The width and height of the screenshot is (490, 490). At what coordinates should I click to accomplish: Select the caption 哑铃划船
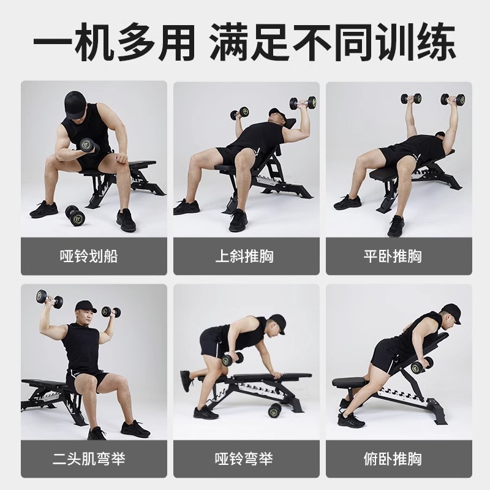click(x=94, y=255)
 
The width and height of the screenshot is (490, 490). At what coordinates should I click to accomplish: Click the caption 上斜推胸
click(x=245, y=255)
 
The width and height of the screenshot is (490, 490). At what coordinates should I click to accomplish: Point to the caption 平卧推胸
click(x=398, y=255)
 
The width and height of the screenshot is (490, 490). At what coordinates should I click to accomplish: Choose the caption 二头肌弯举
click(x=94, y=458)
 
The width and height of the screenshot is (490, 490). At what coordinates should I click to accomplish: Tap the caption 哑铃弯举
click(x=245, y=458)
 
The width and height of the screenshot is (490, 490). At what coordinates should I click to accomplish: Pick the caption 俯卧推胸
click(x=398, y=458)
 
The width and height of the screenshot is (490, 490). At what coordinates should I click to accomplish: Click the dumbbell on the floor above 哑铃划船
click(x=75, y=214)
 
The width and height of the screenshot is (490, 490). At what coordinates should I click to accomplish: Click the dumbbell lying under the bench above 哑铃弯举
click(x=275, y=409)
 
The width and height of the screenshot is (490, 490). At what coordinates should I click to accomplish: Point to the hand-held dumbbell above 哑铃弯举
click(x=232, y=359)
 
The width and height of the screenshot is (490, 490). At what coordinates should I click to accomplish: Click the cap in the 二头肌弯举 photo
click(x=85, y=306)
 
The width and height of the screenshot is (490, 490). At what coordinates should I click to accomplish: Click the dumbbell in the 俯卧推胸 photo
click(x=421, y=366)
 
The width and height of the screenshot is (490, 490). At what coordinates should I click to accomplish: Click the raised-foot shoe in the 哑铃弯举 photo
click(x=186, y=380)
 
